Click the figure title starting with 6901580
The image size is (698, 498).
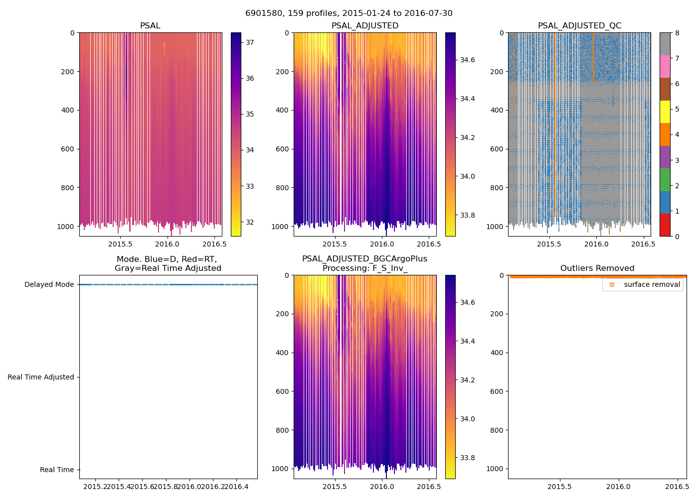[349, 13]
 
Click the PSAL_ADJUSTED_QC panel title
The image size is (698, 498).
[579, 26]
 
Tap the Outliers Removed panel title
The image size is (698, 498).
[597, 268]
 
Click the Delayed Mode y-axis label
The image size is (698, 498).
[49, 285]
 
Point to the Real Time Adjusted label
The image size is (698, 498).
[41, 377]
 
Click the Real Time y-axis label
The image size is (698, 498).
[57, 470]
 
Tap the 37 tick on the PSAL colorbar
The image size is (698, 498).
[250, 43]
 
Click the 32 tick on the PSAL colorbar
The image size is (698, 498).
[250, 223]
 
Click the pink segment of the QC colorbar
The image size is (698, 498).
[665, 67]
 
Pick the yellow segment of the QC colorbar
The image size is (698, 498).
[665, 112]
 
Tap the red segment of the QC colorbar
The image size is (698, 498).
[665, 225]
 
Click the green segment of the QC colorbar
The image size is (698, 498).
[665, 180]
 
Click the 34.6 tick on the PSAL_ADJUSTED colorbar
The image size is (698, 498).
[467, 60]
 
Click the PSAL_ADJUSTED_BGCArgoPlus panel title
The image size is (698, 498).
[364, 263]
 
